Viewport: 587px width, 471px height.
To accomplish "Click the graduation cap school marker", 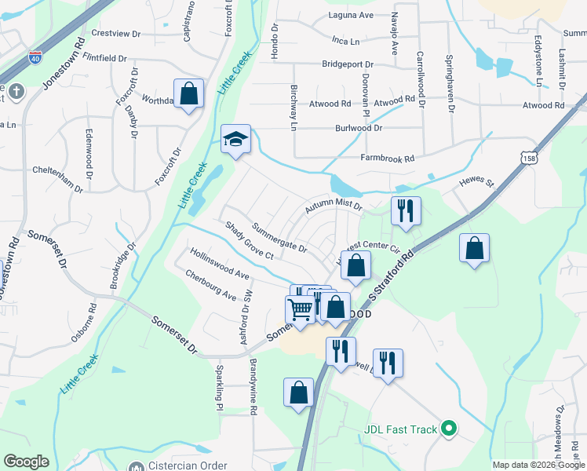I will click(235, 140).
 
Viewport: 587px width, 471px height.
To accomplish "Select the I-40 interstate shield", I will click(35, 57).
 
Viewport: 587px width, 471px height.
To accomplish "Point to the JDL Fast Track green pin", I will click(449, 429).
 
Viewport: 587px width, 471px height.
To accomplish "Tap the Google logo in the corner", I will click(26, 462).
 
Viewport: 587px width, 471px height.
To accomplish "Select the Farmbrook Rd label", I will click(387, 159).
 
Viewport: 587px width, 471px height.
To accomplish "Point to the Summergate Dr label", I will click(279, 237).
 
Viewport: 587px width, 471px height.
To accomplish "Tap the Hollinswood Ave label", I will click(219, 264).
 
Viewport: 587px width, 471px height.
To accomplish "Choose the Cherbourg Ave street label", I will click(211, 285).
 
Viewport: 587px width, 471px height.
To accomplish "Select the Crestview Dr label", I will click(115, 34).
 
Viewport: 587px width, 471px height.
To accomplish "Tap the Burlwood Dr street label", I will click(359, 127).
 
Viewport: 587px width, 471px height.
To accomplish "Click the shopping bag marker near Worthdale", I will click(188, 94).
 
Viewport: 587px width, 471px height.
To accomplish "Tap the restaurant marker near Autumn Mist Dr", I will click(406, 211).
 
